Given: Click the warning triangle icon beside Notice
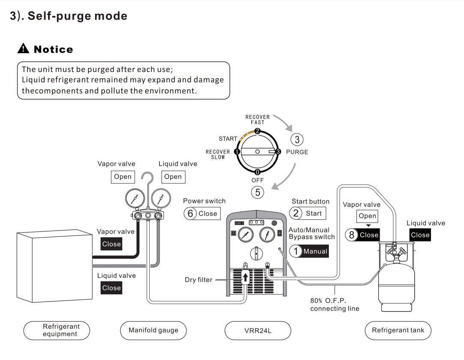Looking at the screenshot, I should (x=23, y=49).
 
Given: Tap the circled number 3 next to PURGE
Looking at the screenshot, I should (x=297, y=139).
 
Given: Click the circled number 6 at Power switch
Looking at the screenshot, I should (x=190, y=214).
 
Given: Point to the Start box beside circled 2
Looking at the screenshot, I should (x=313, y=213).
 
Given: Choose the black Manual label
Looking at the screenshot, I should (x=315, y=251).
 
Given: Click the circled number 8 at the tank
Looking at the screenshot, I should (x=352, y=235).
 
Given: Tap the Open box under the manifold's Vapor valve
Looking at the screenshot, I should (x=123, y=177).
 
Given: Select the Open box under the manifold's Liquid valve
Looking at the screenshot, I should (x=173, y=177).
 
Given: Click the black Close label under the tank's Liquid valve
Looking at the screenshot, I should (x=420, y=235).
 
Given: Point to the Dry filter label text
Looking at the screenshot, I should (x=199, y=280).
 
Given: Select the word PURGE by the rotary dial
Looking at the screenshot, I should (x=297, y=152).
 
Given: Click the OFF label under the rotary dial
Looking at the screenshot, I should (x=257, y=180).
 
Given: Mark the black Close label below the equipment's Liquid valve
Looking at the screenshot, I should (x=111, y=288).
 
